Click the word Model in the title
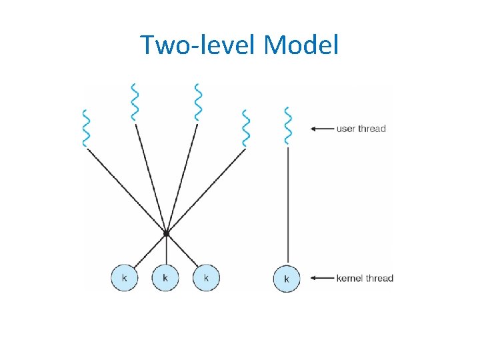301,45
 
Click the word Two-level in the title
199,45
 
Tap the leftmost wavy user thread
85,127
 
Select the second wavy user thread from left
135,102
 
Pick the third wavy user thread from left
197,102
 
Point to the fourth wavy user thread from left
246,127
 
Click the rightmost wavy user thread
287,125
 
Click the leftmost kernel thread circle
124,277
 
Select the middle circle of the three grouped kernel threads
165,277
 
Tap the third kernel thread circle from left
206,277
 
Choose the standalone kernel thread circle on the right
287,278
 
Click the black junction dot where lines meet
166,233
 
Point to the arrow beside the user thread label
323,129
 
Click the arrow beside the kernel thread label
323,278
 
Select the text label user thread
361,129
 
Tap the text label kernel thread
365,278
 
